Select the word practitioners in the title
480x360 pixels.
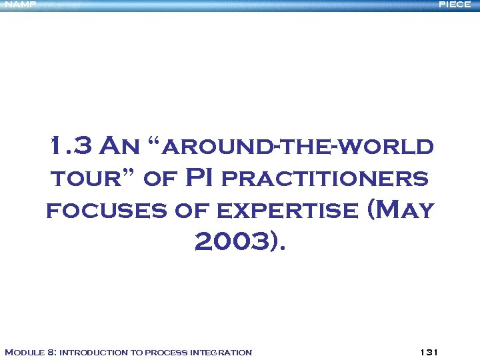324,179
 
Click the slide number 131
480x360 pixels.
428,352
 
